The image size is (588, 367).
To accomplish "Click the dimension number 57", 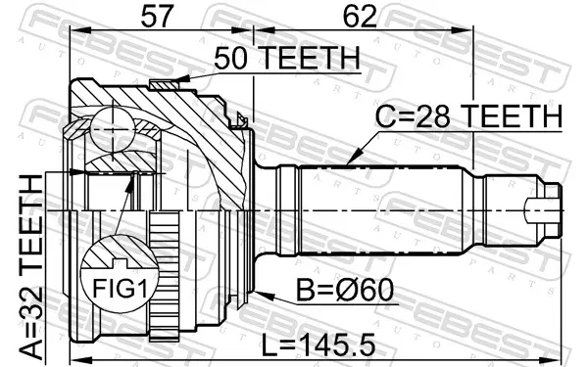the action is [x=158, y=16].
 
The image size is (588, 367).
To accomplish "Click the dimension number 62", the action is [x=360, y=16].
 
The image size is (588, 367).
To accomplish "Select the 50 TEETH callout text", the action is [x=287, y=58].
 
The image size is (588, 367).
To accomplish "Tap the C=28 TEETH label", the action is [x=468, y=116].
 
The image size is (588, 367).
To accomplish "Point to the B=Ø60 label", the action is [x=345, y=291].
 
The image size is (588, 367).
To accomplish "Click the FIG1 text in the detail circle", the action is [x=120, y=289].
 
